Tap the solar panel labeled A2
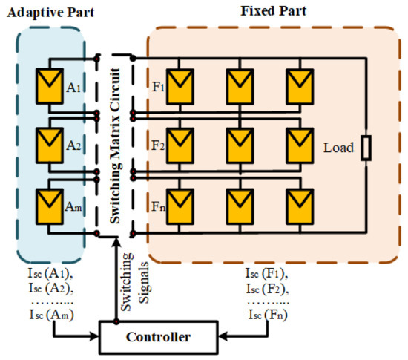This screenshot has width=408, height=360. pyautogui.click(x=52, y=142)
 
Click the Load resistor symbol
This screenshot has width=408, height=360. pyautogui.click(x=365, y=148)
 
